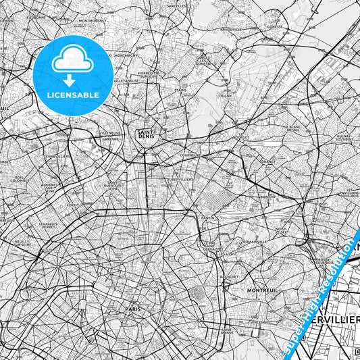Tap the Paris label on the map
132,309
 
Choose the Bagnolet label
228,276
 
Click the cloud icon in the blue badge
72,61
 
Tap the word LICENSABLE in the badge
72,95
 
